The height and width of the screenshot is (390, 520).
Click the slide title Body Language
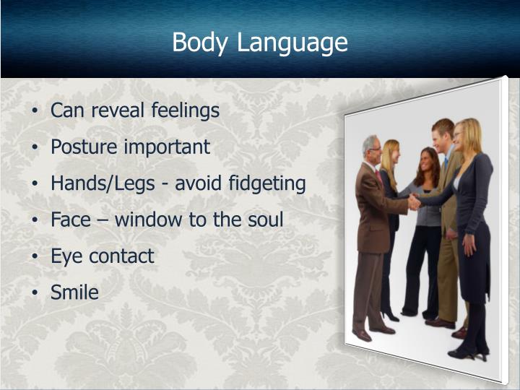[260, 42]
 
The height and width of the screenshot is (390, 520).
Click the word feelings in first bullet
[185, 110]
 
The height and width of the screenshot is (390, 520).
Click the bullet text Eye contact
[102, 256]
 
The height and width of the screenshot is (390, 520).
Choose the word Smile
[74, 292]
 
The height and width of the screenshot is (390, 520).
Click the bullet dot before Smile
[36, 292]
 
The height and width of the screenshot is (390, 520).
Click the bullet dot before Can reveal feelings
[36, 111]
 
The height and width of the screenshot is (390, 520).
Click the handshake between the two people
[415, 201]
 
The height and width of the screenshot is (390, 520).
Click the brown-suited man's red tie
[378, 177]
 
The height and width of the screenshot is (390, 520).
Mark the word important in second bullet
[167, 147]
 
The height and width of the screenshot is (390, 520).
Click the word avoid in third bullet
[190, 183]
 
